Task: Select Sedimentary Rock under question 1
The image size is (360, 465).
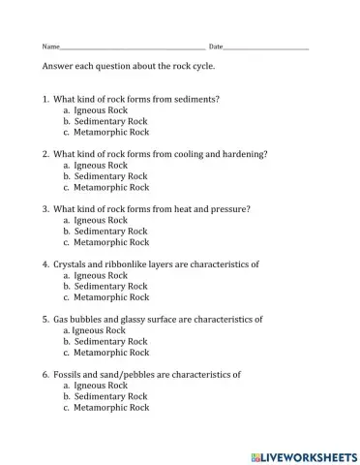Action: [110, 122]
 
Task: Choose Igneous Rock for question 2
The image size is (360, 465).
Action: [101, 166]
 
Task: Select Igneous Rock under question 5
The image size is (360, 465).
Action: [100, 330]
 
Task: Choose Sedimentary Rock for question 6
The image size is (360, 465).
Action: [110, 396]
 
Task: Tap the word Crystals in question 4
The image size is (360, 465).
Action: [70, 263]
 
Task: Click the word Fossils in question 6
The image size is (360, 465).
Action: [67, 374]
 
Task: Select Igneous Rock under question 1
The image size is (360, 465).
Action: [101, 110]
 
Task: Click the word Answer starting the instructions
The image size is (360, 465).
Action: [57, 67]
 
